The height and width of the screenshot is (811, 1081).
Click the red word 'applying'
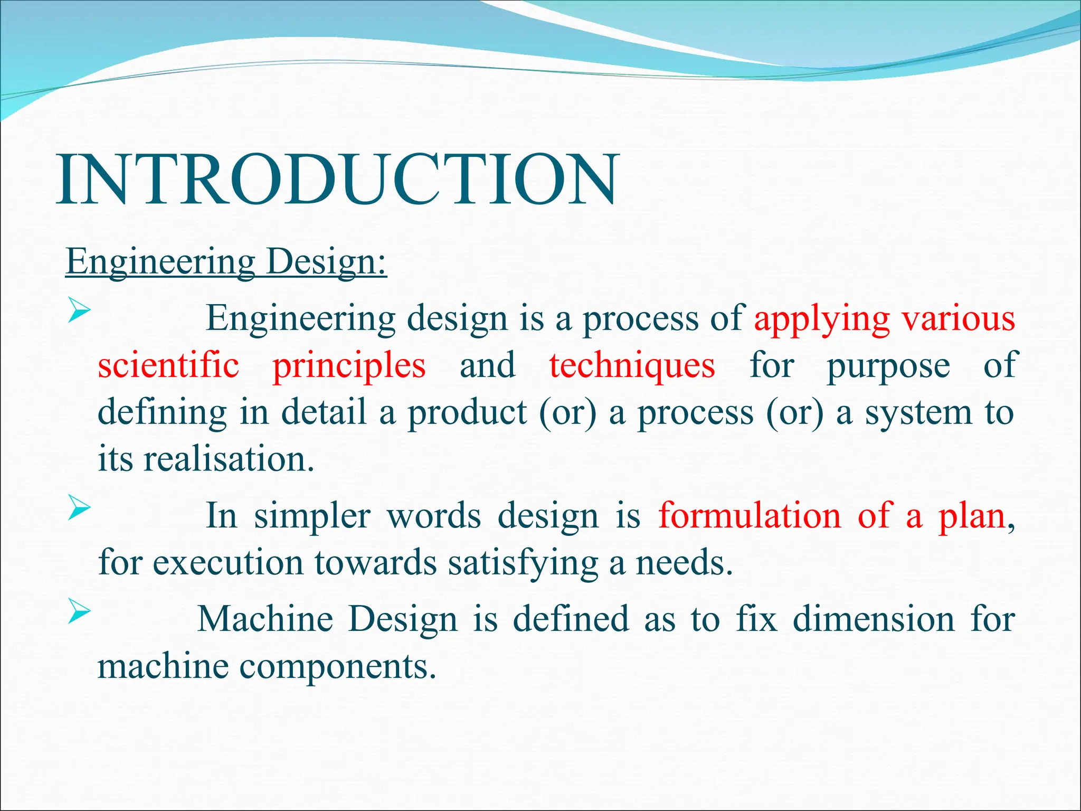point(822,319)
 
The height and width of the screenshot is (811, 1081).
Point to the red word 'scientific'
point(168,365)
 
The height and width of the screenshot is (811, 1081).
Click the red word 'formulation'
point(749,515)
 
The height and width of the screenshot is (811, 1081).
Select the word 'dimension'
point(874,619)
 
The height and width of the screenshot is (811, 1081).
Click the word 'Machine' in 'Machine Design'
point(265,619)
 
